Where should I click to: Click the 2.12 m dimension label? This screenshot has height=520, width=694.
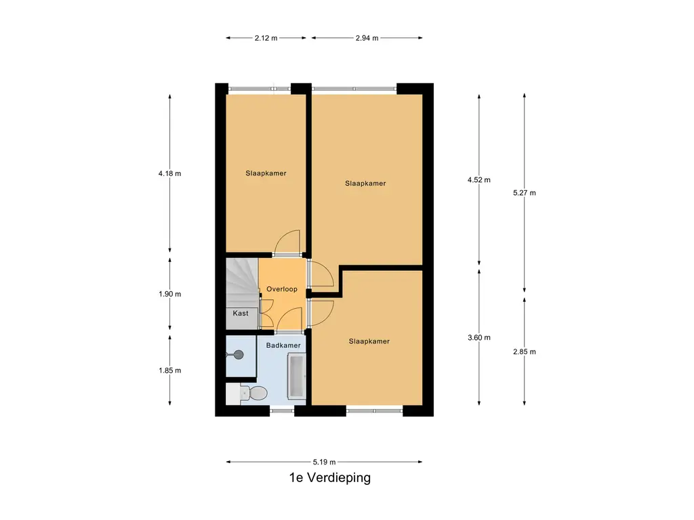tap(266, 38)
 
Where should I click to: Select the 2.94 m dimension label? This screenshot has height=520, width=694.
tap(367, 38)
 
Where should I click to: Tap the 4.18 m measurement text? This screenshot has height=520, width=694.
tap(169, 173)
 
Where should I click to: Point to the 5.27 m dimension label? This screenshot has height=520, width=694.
tap(525, 193)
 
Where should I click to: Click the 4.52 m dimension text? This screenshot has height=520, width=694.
tap(479, 179)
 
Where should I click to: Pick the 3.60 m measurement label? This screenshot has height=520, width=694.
tap(479, 338)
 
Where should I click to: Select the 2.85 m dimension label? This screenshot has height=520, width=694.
tap(525, 351)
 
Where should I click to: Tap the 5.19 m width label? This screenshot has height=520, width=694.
tap(324, 462)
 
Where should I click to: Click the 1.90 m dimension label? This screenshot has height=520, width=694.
tap(169, 294)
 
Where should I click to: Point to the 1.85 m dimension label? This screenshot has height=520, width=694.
tap(169, 370)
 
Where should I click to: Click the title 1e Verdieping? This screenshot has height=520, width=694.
tap(329, 478)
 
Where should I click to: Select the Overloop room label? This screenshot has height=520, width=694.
tap(282, 289)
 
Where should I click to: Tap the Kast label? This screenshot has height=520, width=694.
tap(241, 313)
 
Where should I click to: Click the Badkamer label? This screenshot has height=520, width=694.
tap(283, 345)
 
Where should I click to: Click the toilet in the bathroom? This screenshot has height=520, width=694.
tap(253, 393)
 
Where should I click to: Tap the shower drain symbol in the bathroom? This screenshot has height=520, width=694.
tap(237, 353)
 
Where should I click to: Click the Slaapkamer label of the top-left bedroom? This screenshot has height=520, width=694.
tap(266, 173)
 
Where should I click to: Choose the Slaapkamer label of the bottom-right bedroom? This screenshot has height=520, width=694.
tap(369, 341)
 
